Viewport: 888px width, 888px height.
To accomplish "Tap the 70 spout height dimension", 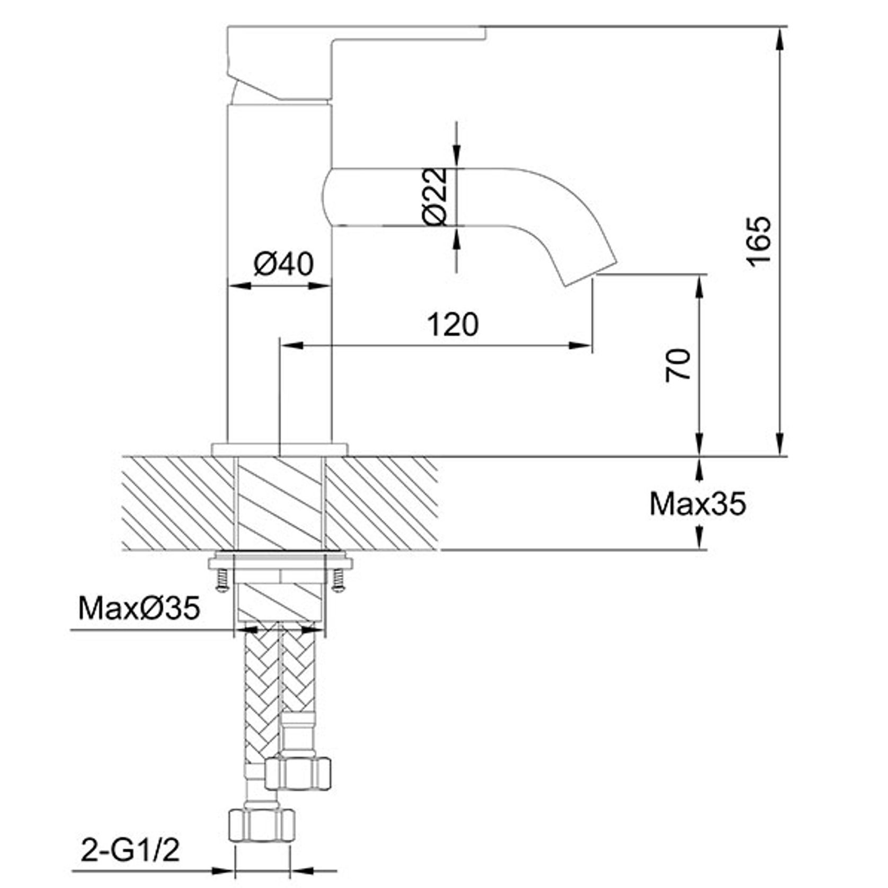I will click(679, 365).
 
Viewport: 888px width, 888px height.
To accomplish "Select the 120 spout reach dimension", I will click(453, 324).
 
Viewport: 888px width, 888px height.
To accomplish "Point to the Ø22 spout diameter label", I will click(436, 197).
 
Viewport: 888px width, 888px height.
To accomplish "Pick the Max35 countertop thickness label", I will click(697, 504).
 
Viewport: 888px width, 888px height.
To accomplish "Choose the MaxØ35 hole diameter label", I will click(139, 608).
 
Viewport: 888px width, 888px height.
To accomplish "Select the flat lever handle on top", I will click(355, 33).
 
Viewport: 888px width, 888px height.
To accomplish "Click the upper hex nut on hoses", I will click(298, 773).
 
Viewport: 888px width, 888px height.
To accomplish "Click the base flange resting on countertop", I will click(279, 449).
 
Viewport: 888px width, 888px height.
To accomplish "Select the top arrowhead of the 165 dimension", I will click(780, 37).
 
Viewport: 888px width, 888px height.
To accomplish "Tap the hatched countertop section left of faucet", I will click(177, 502).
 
